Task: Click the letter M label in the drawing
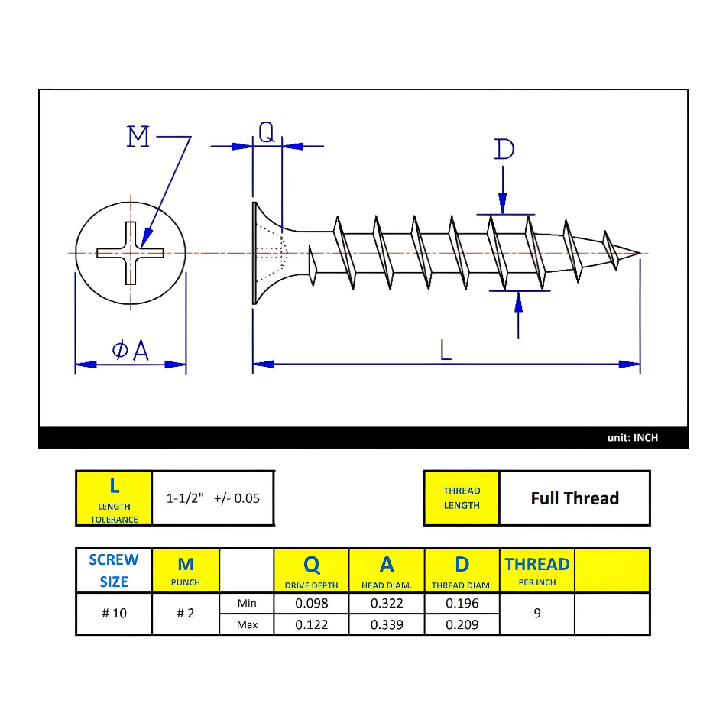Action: coord(138,138)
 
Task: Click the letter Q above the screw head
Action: coord(266,133)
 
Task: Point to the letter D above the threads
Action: coord(504,149)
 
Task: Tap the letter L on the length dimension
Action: coord(446,350)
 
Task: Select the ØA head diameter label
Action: coord(130,350)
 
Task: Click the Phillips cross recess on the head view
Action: coord(130,252)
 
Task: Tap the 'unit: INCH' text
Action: coord(632,438)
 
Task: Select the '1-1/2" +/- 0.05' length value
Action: coord(213,498)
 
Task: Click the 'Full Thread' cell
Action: coord(575,498)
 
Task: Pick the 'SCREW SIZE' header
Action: coord(114,570)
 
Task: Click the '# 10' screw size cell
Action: coord(114,614)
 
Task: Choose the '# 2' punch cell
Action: coord(186,614)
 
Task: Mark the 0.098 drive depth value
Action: coord(311,603)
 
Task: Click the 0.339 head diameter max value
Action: coord(387,624)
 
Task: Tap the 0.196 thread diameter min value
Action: coord(462,603)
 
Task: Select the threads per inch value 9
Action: coord(537,614)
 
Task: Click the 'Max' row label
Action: coord(247,624)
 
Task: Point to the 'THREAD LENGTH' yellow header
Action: coord(462,498)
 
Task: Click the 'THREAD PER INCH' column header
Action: coord(537,570)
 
